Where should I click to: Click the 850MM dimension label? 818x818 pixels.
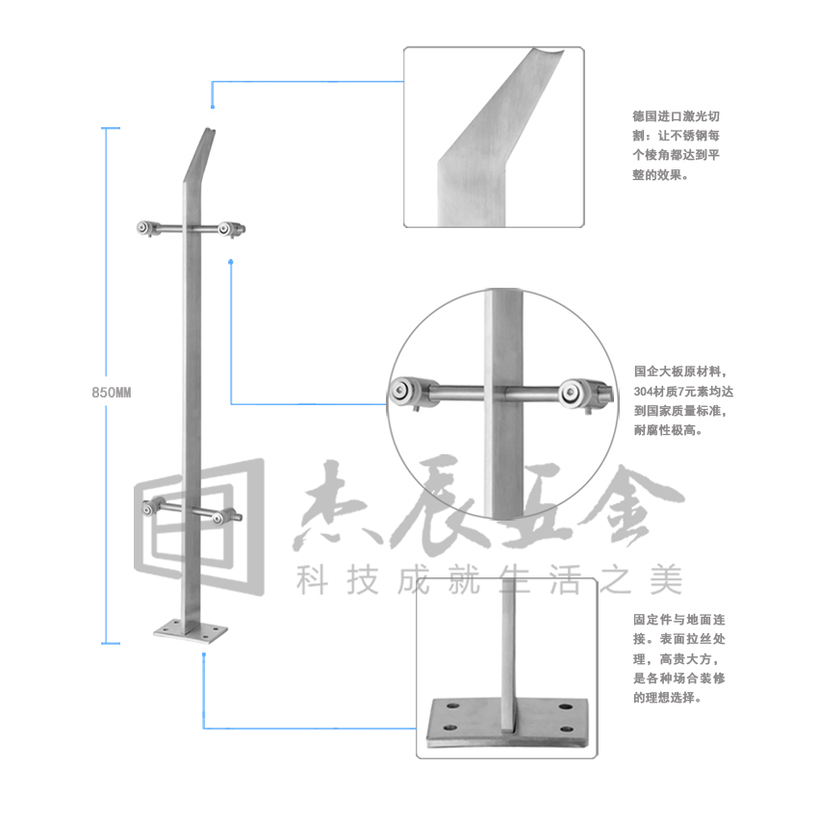pos(111,392)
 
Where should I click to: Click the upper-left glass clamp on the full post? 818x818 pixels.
pos(146,229)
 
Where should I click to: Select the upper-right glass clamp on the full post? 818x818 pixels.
pos(232,229)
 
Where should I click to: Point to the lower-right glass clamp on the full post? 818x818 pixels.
pos(231,518)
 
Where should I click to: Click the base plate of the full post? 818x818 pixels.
pos(192,631)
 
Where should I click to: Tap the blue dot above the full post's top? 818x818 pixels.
pos(212,95)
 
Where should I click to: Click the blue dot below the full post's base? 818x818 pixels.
pos(204,657)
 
